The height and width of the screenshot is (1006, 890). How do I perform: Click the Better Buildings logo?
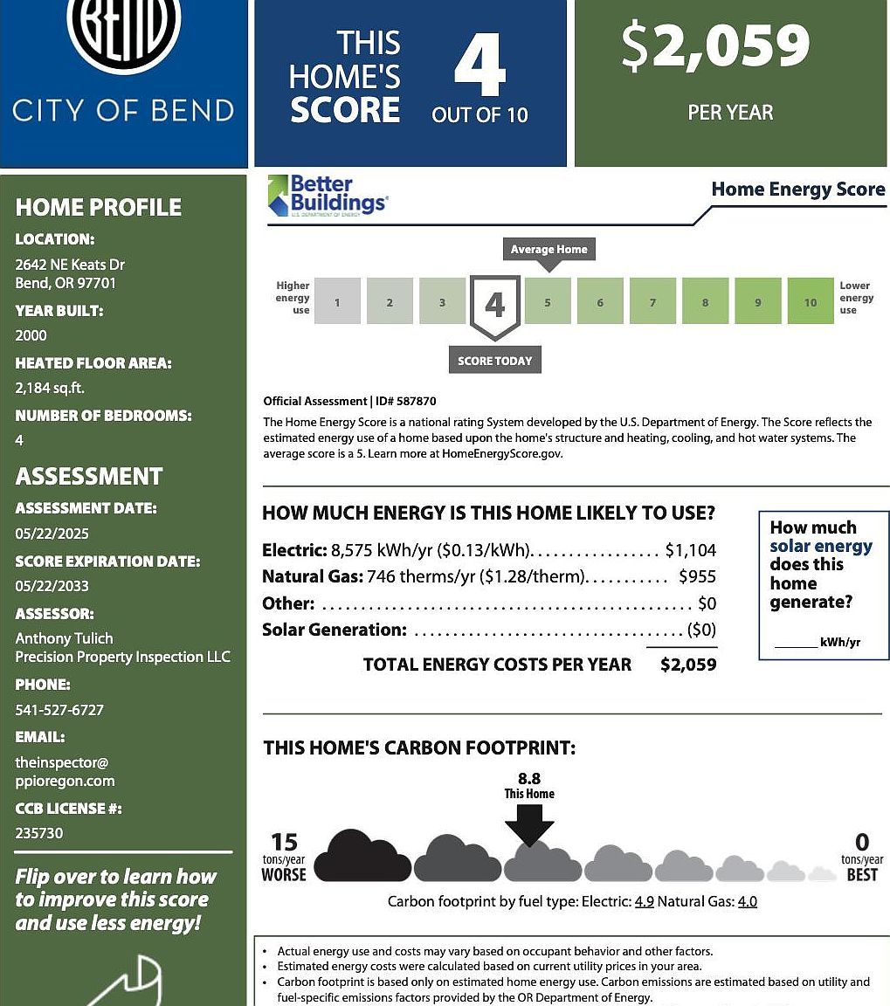[327, 195]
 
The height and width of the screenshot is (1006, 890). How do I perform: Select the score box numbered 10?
[810, 301]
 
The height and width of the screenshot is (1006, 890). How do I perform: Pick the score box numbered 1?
[337, 301]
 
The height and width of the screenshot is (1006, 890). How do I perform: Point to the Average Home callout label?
[548, 249]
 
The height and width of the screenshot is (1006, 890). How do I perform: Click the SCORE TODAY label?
[494, 361]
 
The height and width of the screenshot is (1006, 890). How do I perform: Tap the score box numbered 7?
[652, 301]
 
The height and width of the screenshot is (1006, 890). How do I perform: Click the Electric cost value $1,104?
[690, 550]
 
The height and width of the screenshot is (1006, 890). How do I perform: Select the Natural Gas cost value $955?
[697, 576]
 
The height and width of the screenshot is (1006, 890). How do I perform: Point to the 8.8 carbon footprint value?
[529, 778]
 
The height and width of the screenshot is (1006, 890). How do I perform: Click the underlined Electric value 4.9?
[644, 901]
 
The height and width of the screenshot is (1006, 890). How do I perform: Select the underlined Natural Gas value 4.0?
[747, 901]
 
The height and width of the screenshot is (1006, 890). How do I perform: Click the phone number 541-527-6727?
[59, 710]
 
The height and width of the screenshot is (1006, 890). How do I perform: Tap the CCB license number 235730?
[39, 833]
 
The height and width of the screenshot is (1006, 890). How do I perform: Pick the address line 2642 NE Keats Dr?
[70, 265]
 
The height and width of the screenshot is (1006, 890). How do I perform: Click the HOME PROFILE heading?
[99, 207]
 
